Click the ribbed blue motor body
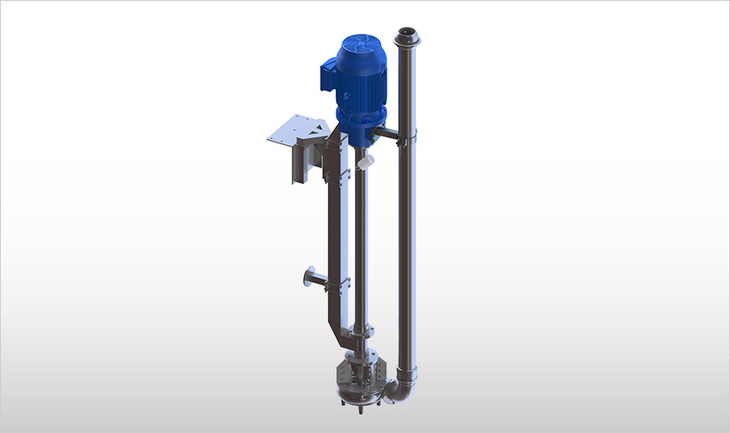tap(361, 84)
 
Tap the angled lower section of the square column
tap(341, 335)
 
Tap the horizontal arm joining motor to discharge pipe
tap(391, 133)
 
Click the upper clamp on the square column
tap(341, 174)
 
